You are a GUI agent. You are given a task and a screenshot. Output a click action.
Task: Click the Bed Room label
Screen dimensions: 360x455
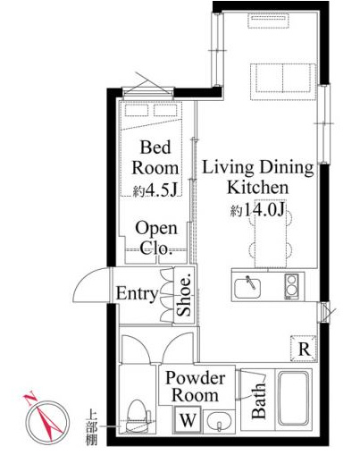(155, 157)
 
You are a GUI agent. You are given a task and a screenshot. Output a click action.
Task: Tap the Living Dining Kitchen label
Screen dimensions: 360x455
(258, 177)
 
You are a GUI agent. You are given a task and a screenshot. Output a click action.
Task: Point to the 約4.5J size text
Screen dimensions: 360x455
(156, 190)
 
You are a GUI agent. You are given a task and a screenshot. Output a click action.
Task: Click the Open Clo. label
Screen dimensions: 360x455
(156, 238)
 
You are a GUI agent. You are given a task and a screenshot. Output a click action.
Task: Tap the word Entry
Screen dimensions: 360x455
(137, 293)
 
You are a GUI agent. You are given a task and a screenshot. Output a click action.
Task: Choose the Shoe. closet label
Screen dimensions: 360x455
(184, 296)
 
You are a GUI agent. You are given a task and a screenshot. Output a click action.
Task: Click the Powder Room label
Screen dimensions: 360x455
(196, 387)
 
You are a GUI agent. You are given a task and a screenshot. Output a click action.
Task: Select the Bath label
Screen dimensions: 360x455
(258, 401)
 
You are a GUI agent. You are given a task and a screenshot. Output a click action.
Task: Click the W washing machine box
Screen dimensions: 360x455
(188, 420)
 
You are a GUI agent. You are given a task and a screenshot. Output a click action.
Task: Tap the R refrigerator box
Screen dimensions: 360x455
(304, 349)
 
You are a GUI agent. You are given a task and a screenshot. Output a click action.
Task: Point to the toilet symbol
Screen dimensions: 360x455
(138, 416)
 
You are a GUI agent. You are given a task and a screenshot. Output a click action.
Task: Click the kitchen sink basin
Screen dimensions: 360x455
(247, 288)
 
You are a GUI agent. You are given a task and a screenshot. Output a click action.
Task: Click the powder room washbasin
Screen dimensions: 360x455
(220, 421)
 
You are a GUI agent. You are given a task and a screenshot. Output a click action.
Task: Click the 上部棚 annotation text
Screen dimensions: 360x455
(91, 427)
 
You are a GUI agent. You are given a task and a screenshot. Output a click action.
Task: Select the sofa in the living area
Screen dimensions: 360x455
(282, 81)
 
